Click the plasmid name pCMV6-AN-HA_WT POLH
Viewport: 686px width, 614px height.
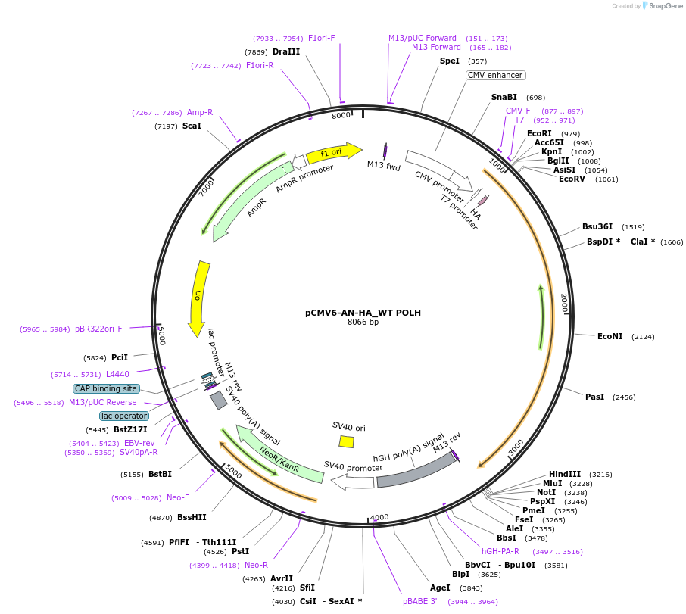point(363,312)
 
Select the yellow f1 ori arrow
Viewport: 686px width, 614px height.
point(334,151)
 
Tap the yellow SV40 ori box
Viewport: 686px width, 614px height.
point(346,441)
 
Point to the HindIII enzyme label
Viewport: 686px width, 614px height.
point(565,474)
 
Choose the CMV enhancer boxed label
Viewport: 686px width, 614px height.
point(496,75)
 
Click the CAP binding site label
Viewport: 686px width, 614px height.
point(105,388)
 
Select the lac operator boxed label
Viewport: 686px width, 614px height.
point(124,416)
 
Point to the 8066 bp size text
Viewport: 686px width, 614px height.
point(363,322)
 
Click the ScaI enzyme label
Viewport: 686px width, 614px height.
point(192,126)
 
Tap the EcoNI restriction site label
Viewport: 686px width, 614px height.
point(610,336)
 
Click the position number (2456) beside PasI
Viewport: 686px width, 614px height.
point(624,397)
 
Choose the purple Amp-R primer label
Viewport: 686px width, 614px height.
point(200,112)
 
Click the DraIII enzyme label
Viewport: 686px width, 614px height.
point(286,51)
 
